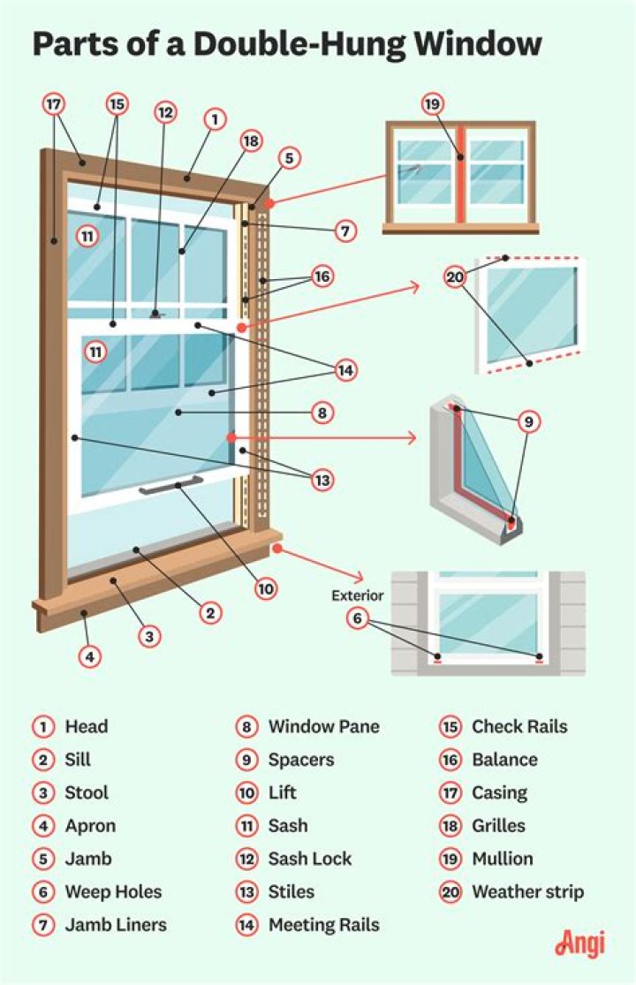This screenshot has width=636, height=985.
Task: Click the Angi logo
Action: [x=579, y=943]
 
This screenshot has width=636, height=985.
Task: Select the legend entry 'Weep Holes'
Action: [x=113, y=892]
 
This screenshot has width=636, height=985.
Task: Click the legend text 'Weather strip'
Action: [x=527, y=892]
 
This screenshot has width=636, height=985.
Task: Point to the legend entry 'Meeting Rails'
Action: [x=323, y=925]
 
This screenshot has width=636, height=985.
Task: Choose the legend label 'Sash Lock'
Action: [x=309, y=859]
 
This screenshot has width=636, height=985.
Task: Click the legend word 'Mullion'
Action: [x=502, y=859]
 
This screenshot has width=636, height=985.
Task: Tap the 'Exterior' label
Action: [x=358, y=595]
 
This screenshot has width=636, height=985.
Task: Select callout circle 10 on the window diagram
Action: [x=267, y=587]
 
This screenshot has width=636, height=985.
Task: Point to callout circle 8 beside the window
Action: [x=322, y=412]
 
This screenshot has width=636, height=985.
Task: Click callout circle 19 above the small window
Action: [x=431, y=104]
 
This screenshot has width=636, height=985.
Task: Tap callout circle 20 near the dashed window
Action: [x=455, y=277]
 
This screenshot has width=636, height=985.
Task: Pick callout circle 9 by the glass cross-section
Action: [x=528, y=422]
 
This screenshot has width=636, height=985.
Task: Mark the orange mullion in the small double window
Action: [x=460, y=175]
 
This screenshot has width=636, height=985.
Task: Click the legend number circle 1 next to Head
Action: [x=42, y=727]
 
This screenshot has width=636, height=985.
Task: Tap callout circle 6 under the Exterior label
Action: [x=357, y=619]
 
